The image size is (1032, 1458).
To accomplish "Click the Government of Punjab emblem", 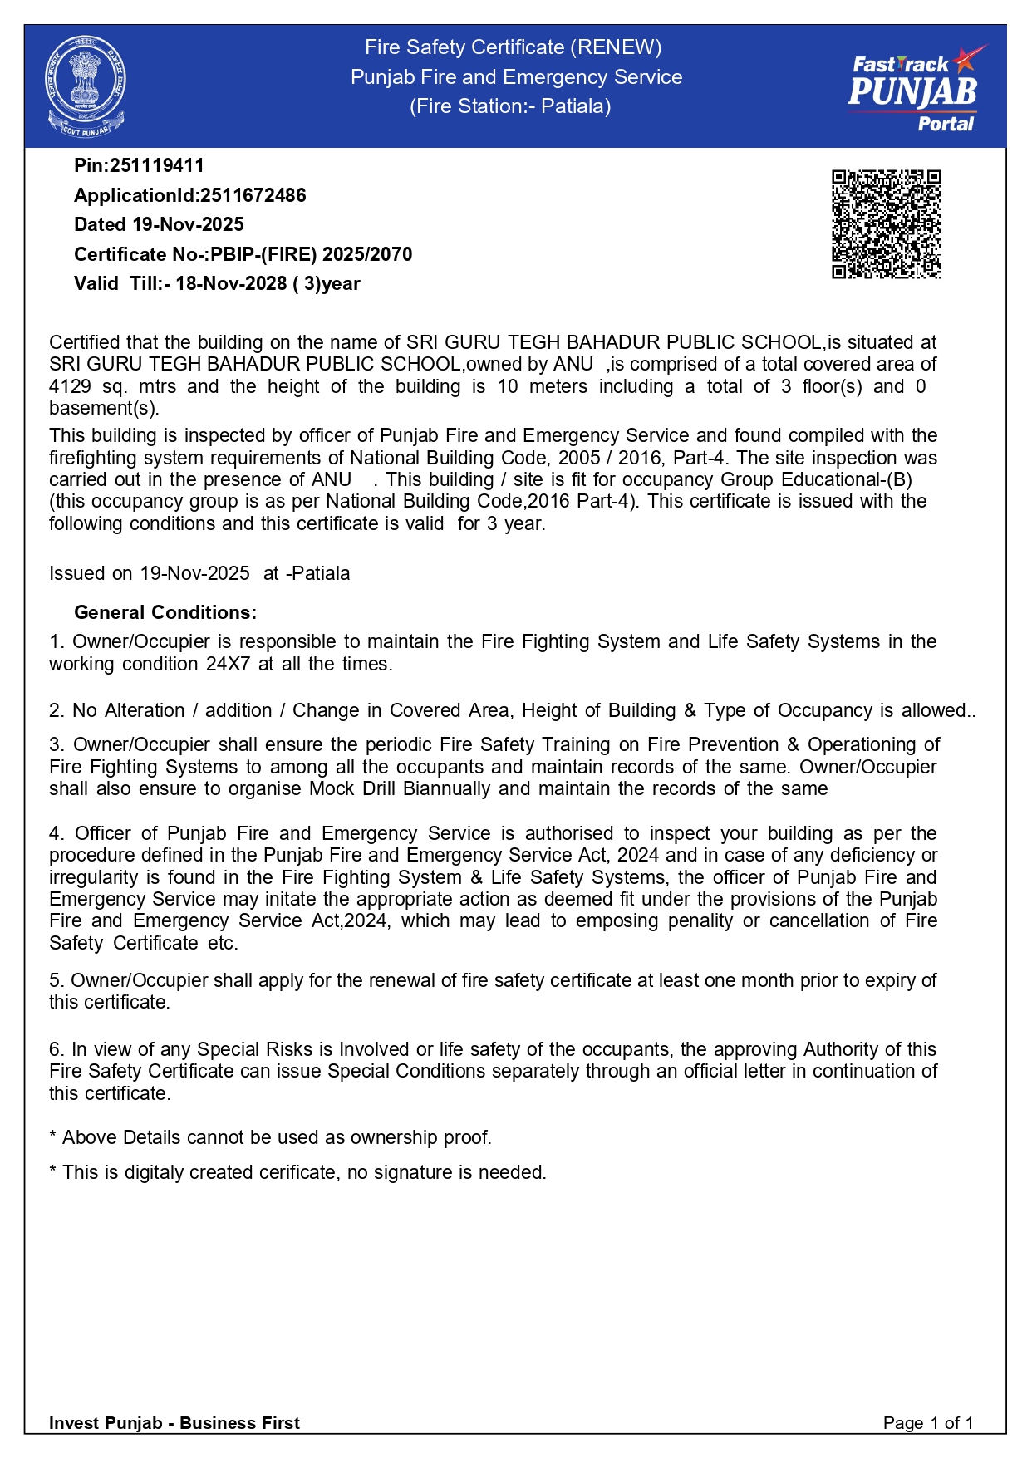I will pos(86,86).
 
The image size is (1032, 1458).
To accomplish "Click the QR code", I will pos(886,224).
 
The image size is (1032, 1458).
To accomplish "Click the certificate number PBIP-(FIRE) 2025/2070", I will pos(311,254).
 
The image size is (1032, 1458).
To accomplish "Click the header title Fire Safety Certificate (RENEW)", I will pos(514,47).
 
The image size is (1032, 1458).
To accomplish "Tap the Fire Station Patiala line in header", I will pos(510,106).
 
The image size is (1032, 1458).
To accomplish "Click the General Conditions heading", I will pos(165,612).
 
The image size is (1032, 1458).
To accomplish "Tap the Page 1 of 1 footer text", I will pos(927,1423).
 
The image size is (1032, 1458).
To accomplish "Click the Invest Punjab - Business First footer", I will pos(174,1423).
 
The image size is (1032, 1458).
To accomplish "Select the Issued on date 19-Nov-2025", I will pos(194,573).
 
